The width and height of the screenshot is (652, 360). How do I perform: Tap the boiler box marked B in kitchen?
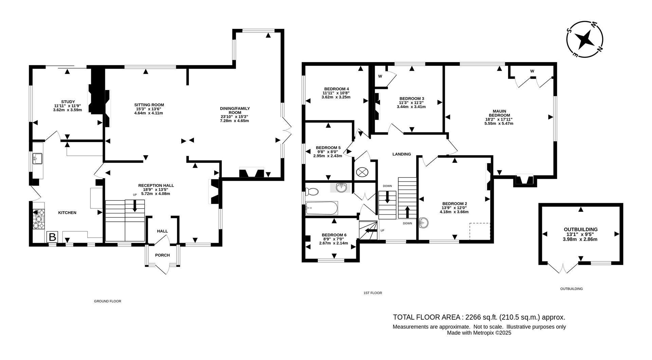(52, 237)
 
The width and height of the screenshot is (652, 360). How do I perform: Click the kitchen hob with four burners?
(39, 219)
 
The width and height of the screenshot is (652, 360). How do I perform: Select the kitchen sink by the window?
(37, 158)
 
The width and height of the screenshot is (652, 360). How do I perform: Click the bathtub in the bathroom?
(321, 208)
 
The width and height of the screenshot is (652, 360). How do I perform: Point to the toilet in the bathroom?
(312, 192)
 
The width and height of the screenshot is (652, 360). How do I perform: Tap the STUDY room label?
(68, 102)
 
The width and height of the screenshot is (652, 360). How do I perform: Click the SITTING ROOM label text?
(149, 105)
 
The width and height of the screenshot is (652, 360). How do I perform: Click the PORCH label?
(162, 255)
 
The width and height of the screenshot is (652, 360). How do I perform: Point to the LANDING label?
(401, 154)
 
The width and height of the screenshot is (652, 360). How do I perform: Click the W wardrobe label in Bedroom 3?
(380, 76)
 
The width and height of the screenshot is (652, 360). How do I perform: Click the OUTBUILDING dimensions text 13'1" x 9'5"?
(580, 234)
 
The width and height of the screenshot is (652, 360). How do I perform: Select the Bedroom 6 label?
(334, 235)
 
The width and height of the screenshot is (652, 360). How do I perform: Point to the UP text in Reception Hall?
(135, 195)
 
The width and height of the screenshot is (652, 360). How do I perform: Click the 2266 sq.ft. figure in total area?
(481, 317)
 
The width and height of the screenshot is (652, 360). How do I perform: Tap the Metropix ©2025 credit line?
(479, 333)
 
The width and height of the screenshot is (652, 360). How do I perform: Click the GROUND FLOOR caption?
(107, 301)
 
